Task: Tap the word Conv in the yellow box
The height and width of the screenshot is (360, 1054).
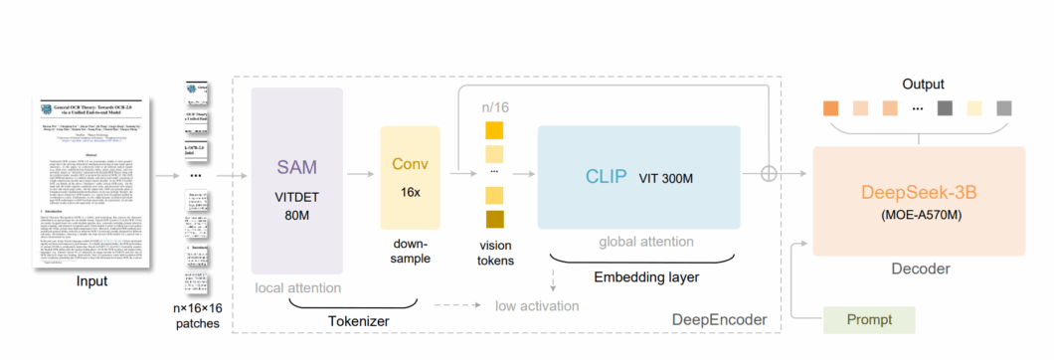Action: (x=410, y=164)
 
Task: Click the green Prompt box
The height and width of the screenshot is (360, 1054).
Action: (x=868, y=320)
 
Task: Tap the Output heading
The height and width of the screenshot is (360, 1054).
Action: (x=923, y=85)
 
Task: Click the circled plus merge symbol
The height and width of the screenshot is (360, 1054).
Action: (x=795, y=173)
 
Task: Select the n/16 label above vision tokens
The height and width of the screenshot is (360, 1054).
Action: (x=494, y=107)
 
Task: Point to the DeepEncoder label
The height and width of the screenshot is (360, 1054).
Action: (x=720, y=319)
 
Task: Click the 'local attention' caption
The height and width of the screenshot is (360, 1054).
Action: (x=296, y=288)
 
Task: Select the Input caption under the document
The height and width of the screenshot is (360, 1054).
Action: (x=91, y=282)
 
